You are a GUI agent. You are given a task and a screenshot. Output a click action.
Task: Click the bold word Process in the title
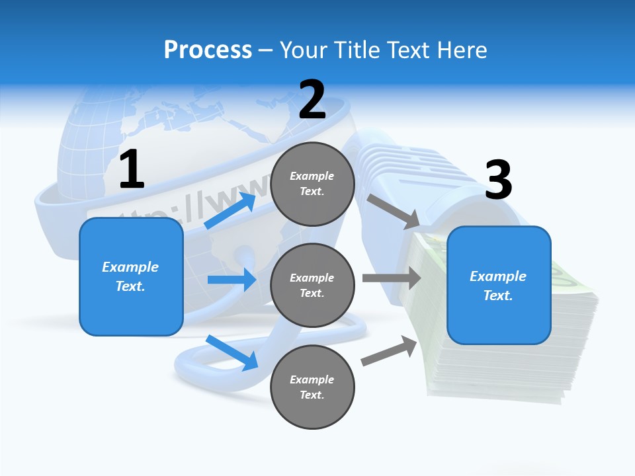point(208,50)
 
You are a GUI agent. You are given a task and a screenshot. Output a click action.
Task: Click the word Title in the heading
point(356,50)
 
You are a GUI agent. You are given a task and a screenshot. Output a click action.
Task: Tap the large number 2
point(312,100)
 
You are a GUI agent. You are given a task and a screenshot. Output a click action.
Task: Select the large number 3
point(498,180)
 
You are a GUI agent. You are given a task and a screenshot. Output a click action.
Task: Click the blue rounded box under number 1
point(131,276)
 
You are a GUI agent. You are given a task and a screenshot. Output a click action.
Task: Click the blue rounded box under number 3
point(499,285)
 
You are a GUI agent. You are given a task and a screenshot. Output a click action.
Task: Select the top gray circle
point(312,184)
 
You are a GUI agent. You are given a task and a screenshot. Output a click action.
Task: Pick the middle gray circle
point(312,285)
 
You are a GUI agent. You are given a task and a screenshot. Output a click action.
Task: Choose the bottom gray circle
point(312,387)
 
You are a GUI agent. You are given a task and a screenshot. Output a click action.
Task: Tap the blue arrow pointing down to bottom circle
point(232,352)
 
